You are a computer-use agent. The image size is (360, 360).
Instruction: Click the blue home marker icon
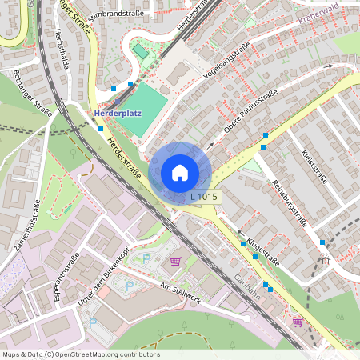179,172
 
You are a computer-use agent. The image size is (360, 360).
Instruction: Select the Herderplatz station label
118,113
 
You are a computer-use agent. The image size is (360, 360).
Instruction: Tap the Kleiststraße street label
314,166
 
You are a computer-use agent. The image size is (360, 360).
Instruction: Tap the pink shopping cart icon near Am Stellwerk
175,262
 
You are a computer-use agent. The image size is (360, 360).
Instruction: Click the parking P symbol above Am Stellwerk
146,258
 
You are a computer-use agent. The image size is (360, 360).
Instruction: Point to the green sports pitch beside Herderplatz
145,109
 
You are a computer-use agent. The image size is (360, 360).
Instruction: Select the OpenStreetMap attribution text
80,354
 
